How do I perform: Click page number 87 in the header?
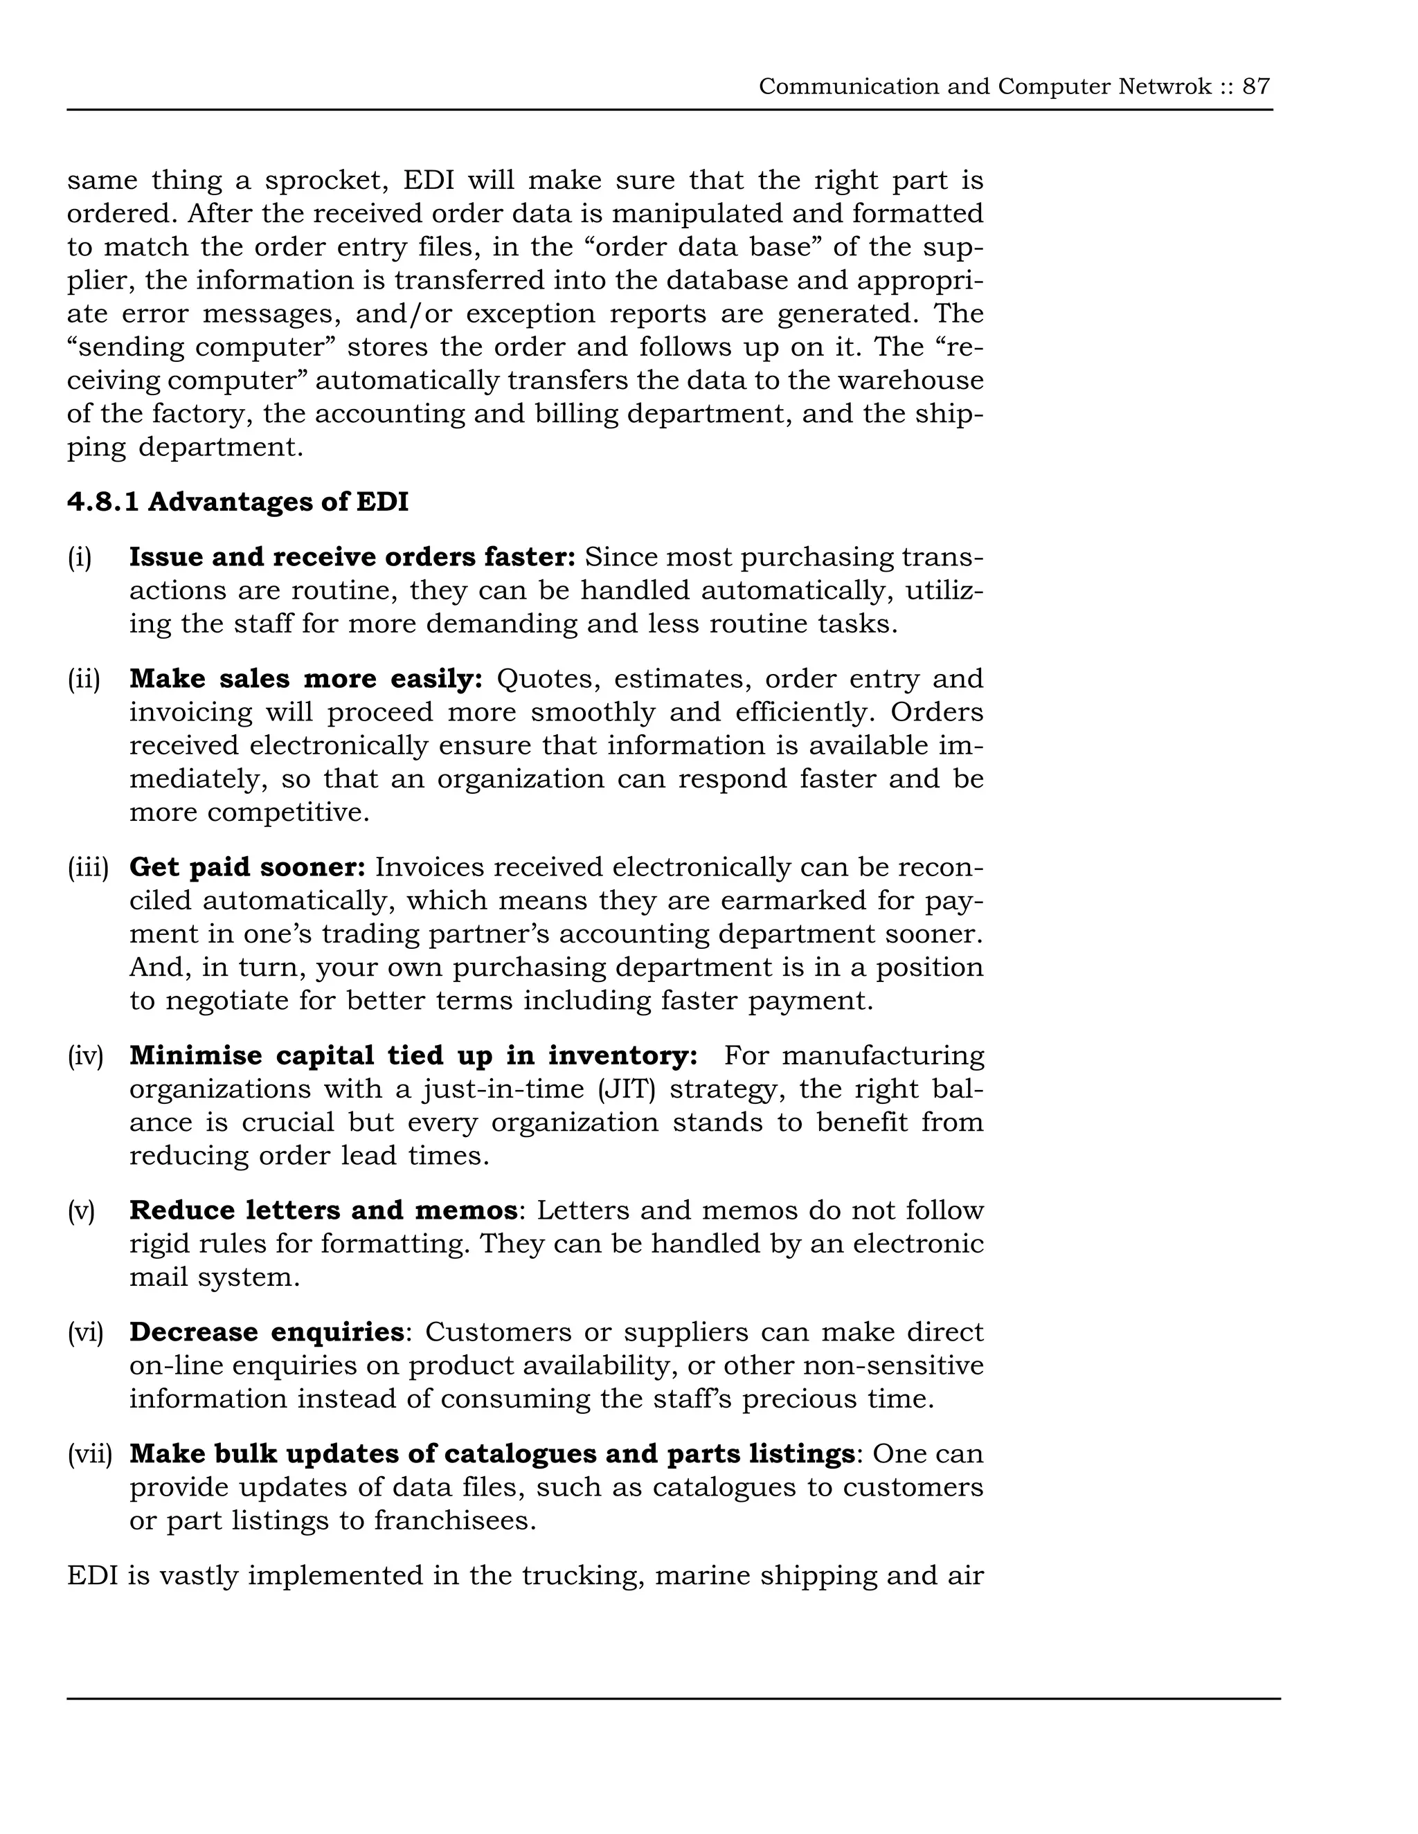(1256, 87)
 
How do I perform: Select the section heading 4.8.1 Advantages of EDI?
(237, 502)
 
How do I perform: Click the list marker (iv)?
(85, 1055)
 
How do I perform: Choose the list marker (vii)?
(89, 1453)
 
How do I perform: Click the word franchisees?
(454, 1520)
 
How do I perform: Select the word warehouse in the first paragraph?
(910, 381)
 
